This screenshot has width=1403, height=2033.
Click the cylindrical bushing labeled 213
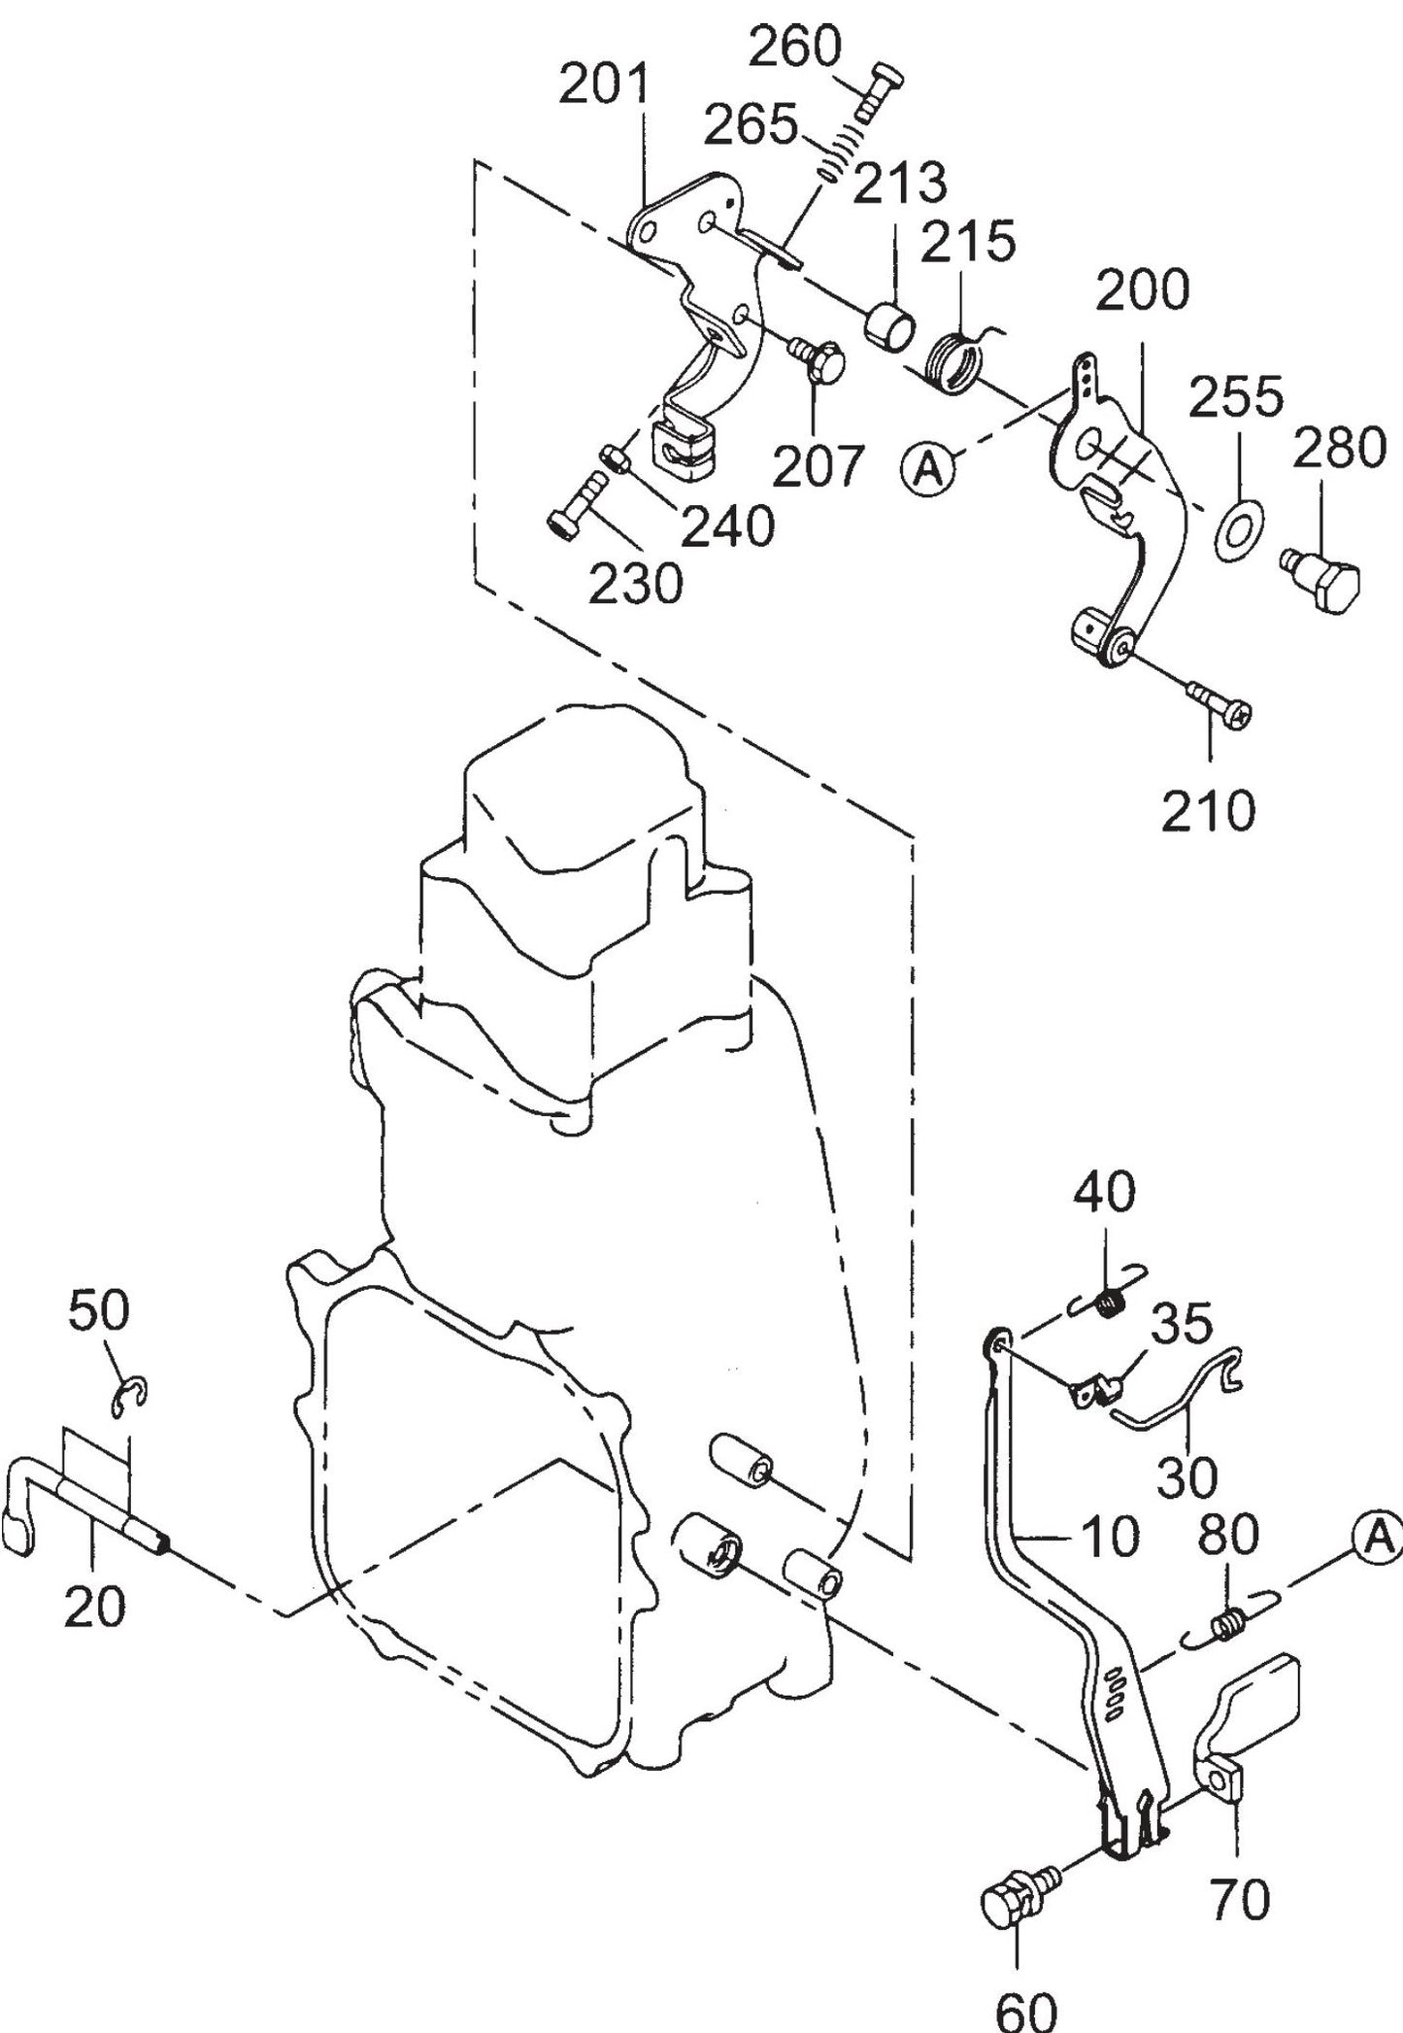pos(888,324)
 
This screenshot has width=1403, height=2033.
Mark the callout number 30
pos(1187,1477)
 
